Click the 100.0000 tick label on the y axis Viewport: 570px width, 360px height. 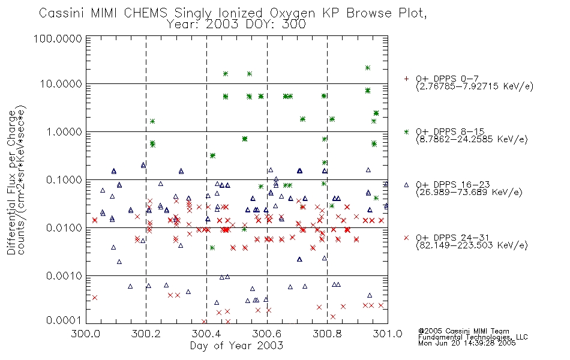[58, 38]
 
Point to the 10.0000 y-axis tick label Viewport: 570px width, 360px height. [61, 84]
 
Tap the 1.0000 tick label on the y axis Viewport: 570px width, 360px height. [64, 131]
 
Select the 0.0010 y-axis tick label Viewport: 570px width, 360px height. [64, 276]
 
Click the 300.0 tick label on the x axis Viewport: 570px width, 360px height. [85, 334]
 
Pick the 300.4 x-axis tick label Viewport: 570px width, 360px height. [206, 334]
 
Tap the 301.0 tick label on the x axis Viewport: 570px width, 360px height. [388, 334]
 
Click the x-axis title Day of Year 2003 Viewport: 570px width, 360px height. [236, 346]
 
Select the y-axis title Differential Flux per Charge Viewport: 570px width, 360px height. [11, 182]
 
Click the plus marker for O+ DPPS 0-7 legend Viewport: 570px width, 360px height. [406, 79]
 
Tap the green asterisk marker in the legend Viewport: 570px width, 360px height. [406, 131]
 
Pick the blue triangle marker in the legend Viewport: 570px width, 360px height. [406, 185]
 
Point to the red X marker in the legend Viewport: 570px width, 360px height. [406, 238]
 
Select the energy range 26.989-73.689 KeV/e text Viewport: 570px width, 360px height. [469, 192]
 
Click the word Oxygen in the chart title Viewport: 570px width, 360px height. [292, 13]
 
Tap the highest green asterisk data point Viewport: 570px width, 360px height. [368, 68]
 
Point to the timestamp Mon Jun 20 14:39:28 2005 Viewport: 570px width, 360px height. [467, 343]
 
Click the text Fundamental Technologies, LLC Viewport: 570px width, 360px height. [473, 337]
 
